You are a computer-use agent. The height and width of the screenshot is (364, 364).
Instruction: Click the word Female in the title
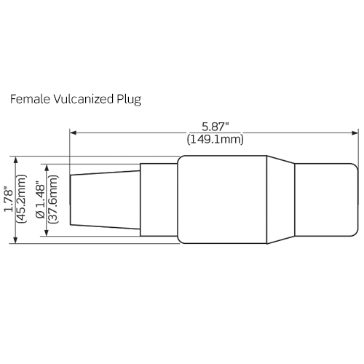click(26, 98)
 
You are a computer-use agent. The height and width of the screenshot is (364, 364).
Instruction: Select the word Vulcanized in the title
click(78, 98)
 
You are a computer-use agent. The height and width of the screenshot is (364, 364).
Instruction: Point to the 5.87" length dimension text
click(215, 125)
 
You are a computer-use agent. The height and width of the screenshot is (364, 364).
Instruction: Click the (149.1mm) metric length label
click(215, 138)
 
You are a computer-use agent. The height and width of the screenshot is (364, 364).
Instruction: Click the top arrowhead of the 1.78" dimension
click(15, 159)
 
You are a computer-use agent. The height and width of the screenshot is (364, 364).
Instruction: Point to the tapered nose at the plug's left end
click(104, 199)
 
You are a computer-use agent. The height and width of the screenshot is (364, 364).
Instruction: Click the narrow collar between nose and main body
click(159, 199)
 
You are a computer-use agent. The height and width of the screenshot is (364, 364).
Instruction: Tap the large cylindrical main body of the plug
click(222, 199)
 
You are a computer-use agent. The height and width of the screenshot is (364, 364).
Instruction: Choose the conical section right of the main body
click(280, 199)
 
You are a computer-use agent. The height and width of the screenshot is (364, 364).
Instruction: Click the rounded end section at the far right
click(326, 199)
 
